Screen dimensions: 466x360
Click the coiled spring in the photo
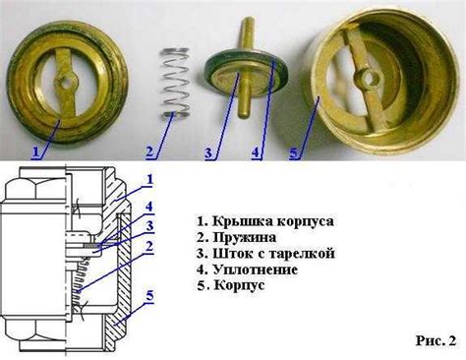[x=175, y=83]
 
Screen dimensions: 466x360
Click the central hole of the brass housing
[x=369, y=79]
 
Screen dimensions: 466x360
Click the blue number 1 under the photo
[x=36, y=151]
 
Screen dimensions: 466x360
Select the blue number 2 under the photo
[x=149, y=152]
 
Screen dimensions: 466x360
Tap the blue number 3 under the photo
[x=208, y=152]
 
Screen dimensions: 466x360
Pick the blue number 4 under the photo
[x=256, y=152]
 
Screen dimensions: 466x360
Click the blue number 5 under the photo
[x=294, y=153]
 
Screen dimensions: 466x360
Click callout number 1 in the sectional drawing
[x=149, y=179]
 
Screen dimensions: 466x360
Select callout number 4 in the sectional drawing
[x=148, y=207]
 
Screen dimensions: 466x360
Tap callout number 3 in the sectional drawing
[x=149, y=225]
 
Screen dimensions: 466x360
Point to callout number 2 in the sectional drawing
[x=149, y=246]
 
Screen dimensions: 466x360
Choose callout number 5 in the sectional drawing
[x=149, y=296]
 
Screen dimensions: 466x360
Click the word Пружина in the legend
[x=245, y=237]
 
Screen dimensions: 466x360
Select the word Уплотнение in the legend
[x=256, y=270]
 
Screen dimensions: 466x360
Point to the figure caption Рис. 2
[x=436, y=340]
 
